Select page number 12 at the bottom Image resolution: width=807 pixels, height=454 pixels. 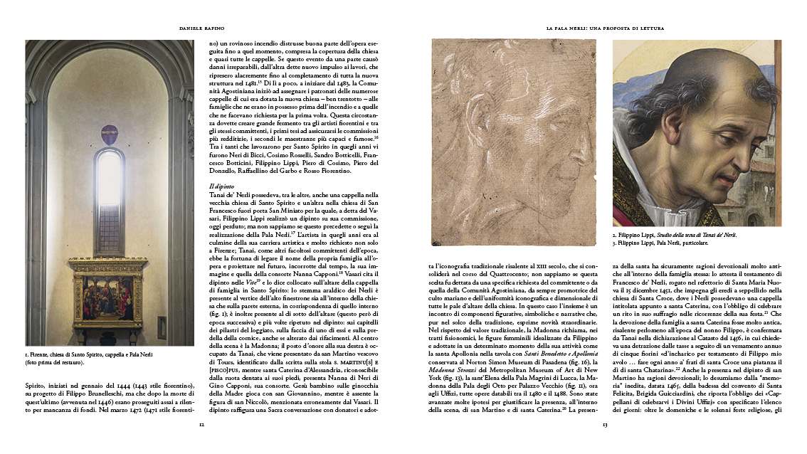pyautogui.click(x=202, y=425)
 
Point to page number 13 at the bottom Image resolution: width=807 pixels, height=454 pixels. pyautogui.click(x=604, y=425)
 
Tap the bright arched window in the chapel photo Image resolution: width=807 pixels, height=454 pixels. pyautogui.click(x=109, y=179)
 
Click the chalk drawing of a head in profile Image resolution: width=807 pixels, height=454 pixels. pyautogui.click(x=513, y=142)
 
